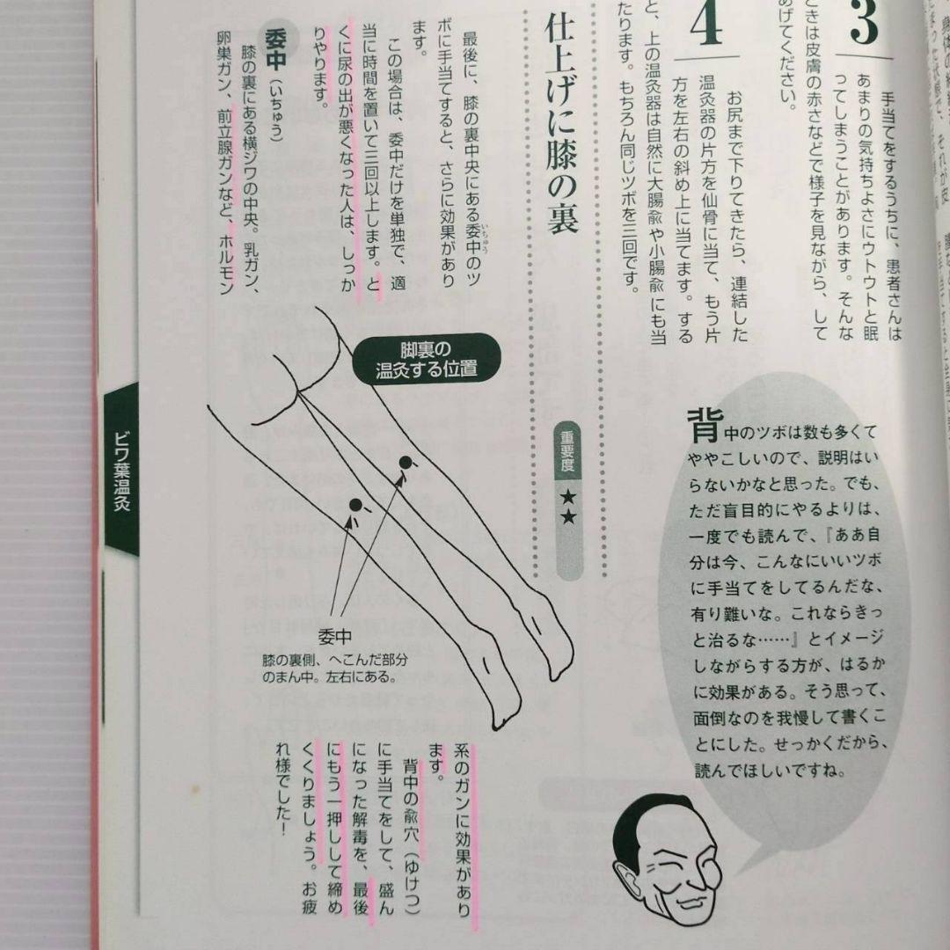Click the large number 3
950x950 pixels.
click(x=866, y=23)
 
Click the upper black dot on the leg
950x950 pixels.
click(x=406, y=462)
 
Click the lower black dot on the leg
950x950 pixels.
click(x=356, y=505)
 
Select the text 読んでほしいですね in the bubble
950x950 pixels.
click(x=769, y=773)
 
